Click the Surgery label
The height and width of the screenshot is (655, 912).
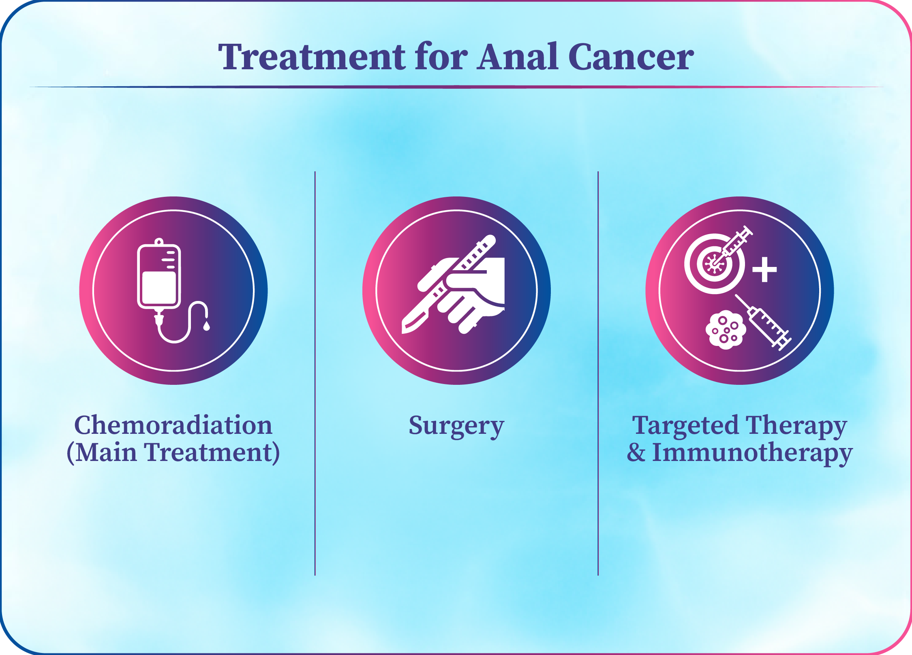[x=456, y=427]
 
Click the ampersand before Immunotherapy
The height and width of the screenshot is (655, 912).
[x=636, y=452]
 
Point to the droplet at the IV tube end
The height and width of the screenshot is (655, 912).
[x=206, y=325]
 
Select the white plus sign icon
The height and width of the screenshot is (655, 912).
[x=764, y=269]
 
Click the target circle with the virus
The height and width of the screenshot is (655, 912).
[x=715, y=264]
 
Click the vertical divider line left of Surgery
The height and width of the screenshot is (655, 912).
[x=315, y=373]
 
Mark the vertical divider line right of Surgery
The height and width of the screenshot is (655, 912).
[x=598, y=373]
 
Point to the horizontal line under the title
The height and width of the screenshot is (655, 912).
[x=456, y=87]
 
